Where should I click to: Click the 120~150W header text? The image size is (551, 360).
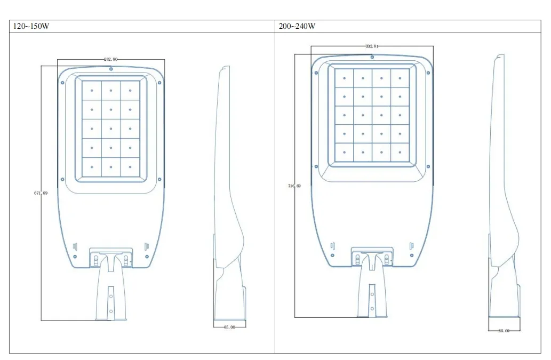(x=31, y=27)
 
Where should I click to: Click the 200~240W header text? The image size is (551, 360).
(x=297, y=27)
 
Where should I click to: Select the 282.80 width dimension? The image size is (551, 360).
(x=111, y=60)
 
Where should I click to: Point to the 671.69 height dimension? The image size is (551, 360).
(x=41, y=193)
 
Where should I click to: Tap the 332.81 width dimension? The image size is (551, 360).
(x=372, y=46)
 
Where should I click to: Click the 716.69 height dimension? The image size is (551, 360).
(x=294, y=186)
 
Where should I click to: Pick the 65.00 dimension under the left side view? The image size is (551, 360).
(x=229, y=327)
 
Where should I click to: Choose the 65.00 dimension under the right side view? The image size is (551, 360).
(x=504, y=331)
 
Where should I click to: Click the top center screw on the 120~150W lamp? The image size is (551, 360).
(x=110, y=69)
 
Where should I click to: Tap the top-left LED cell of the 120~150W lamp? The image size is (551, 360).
(x=92, y=90)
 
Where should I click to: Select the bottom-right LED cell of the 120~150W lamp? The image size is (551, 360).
(x=130, y=167)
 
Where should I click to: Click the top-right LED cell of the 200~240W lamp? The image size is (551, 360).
(x=400, y=78)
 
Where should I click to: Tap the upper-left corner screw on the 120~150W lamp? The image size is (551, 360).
(x=63, y=83)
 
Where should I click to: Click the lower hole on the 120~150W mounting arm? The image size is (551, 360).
(x=111, y=311)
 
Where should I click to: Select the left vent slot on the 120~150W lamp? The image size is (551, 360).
(x=75, y=246)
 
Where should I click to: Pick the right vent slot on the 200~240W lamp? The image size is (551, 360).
(x=411, y=245)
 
